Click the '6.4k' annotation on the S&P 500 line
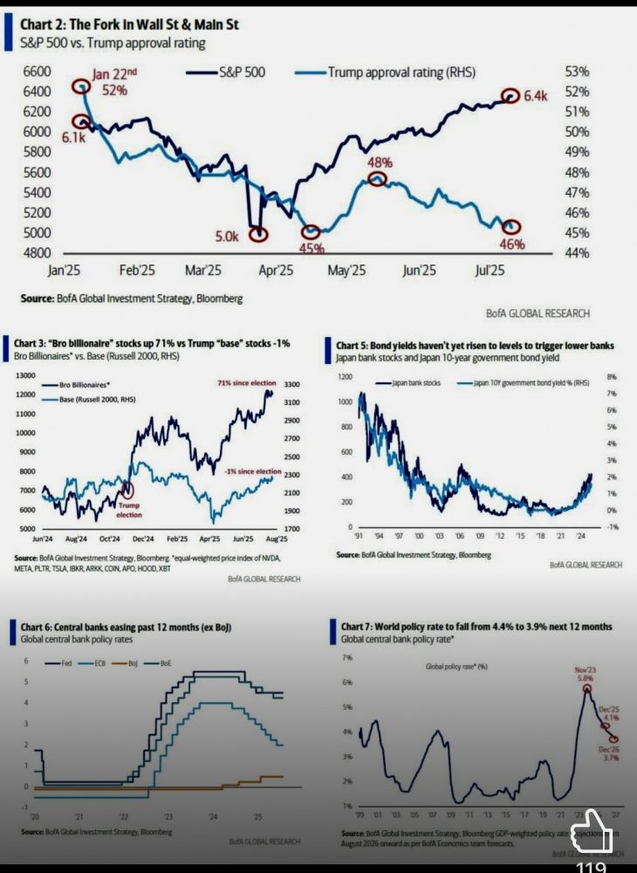coord(534,96)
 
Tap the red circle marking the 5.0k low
coord(257,234)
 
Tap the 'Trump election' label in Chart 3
coord(129,509)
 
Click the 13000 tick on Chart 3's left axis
coord(26,375)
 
